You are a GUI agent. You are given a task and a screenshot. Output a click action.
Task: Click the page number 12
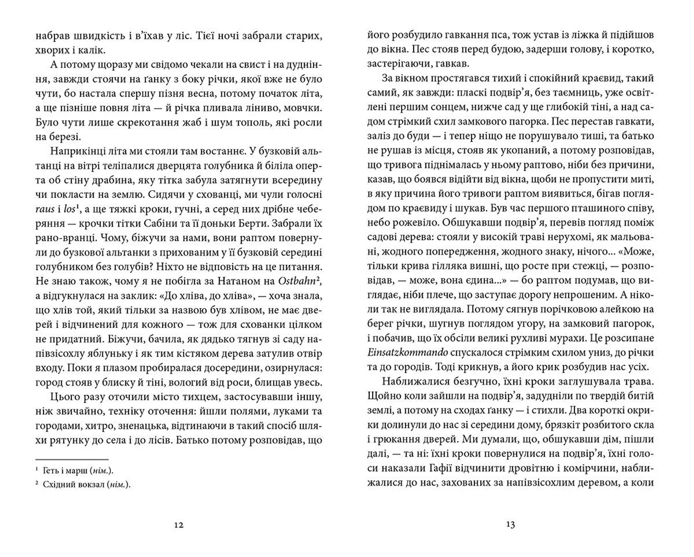[179, 525]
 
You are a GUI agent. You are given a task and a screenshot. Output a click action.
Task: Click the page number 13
[510, 525]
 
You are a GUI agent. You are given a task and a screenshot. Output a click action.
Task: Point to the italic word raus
[45, 209]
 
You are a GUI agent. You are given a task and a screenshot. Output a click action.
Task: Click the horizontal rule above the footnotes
[72, 459]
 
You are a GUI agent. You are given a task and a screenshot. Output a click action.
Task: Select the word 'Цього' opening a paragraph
[64, 397]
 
